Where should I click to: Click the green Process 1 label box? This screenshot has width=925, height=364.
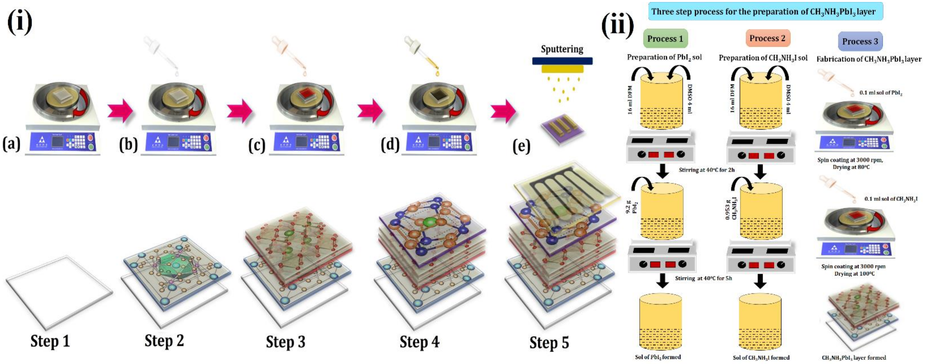point(665,38)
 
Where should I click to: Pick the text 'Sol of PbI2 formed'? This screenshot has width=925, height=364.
point(658,357)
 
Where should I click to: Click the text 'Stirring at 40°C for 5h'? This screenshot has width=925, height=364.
point(703,278)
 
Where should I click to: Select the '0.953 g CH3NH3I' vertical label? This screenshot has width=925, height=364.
point(731,208)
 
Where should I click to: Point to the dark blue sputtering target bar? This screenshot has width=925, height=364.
point(562,61)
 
